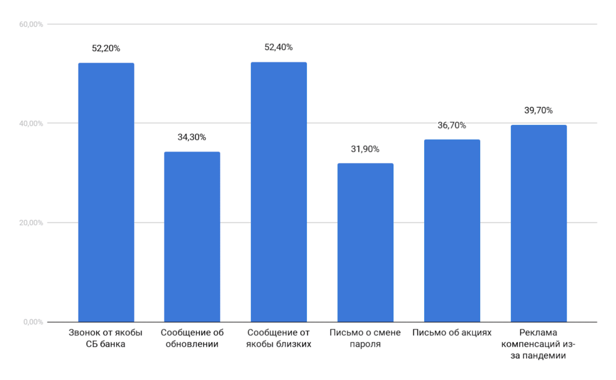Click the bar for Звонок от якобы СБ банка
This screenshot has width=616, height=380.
pyautogui.click(x=106, y=192)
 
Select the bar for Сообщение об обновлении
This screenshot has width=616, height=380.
pyautogui.click(x=192, y=237)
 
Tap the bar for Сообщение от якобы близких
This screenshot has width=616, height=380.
pyautogui.click(x=279, y=192)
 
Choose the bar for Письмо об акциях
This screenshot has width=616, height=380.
pyautogui.click(x=452, y=231)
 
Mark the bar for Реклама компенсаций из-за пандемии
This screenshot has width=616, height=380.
pyautogui.click(x=538, y=223)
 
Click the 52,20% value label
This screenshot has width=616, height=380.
pyautogui.click(x=106, y=48)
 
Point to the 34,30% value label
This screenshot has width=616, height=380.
pyautogui.click(x=192, y=137)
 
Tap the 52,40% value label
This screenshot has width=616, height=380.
pyautogui.click(x=279, y=47)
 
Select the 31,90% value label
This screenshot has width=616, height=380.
pyautogui.click(x=365, y=149)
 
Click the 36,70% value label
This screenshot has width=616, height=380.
pyautogui.click(x=452, y=125)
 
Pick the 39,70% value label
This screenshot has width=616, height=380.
pyautogui.click(x=538, y=111)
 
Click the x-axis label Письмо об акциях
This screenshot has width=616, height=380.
pyautogui.click(x=452, y=332)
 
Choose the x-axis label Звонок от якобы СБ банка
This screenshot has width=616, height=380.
pyautogui.click(x=106, y=339)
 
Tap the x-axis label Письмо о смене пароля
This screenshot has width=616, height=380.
pyautogui.click(x=365, y=339)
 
